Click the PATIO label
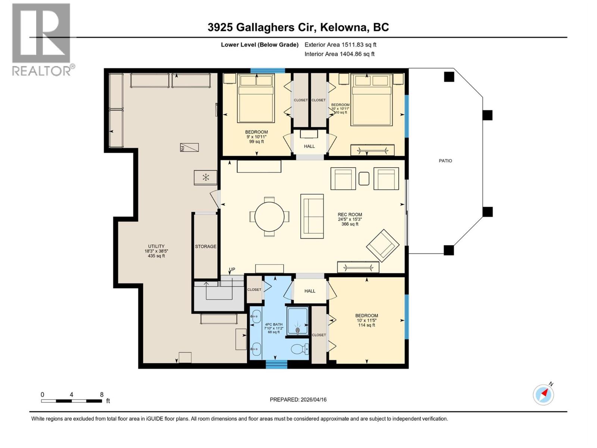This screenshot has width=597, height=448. (445, 161)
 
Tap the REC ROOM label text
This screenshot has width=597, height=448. (350, 215)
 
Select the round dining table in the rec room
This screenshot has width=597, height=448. (269, 216)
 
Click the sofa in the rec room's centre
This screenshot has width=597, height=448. (312, 216)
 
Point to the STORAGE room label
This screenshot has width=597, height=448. (206, 246)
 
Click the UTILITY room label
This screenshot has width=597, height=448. (156, 246)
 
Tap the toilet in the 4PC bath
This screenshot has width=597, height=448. (300, 349)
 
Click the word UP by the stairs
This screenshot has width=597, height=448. (232, 270)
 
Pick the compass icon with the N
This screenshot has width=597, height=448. (543, 395)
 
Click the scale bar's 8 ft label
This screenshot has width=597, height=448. (101, 395)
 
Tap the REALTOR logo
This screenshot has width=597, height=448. (41, 39)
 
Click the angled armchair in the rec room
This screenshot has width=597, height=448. (382, 245)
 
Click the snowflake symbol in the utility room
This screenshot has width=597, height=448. (206, 177)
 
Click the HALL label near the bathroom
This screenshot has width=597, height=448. (310, 291)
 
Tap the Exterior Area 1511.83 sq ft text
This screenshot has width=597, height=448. (340, 45)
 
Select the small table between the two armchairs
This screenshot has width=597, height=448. (364, 178)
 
